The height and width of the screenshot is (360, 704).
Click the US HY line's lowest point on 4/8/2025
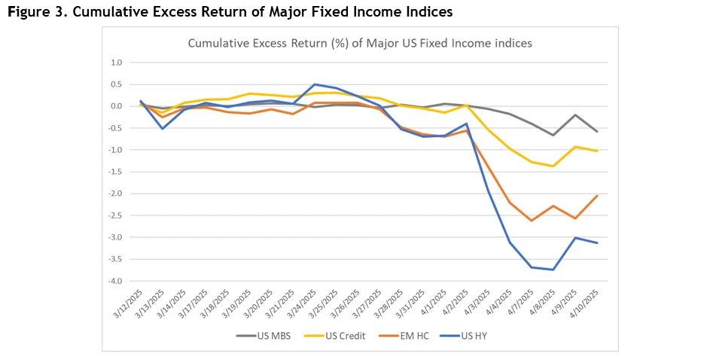(x=553, y=270)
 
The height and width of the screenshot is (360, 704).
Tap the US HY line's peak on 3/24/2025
(x=314, y=84)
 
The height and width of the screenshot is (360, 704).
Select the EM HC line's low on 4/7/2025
(x=532, y=221)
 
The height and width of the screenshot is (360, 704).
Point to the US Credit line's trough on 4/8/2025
(x=553, y=166)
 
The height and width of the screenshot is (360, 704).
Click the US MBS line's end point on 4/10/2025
(x=597, y=132)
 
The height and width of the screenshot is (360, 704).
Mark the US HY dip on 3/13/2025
(x=162, y=129)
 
